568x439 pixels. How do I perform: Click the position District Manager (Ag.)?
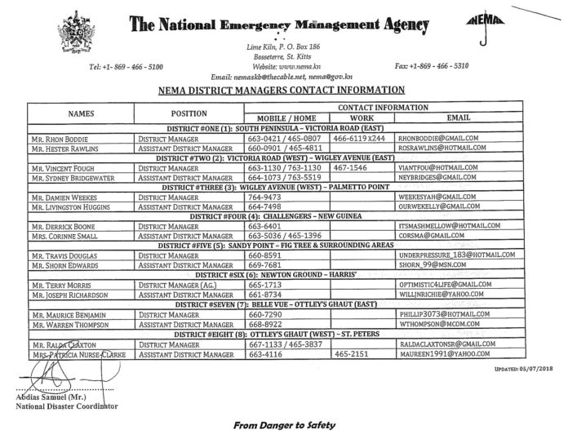177,285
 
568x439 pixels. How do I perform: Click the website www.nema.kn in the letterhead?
283,65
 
